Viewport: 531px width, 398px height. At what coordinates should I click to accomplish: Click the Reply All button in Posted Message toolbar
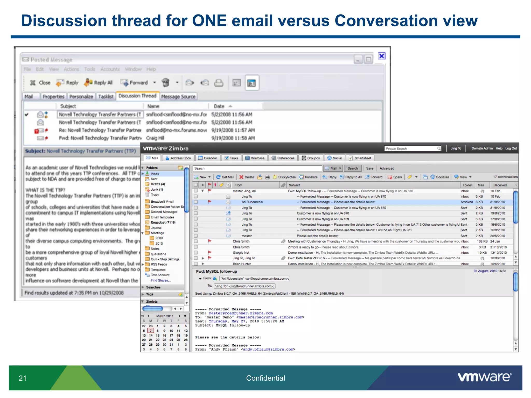point(99,83)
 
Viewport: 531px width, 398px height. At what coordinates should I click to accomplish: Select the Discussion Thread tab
point(137,96)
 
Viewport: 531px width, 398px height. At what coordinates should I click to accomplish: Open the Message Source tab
point(178,97)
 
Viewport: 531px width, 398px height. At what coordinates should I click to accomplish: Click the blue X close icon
point(382,56)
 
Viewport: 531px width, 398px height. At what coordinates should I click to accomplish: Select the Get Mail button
point(225,177)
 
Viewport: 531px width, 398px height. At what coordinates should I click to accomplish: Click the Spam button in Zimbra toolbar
point(395,177)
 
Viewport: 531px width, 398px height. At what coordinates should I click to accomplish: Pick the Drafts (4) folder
point(158,184)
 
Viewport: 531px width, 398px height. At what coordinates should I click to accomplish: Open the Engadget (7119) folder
point(163,222)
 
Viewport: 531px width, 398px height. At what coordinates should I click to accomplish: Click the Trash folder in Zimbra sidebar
point(155,195)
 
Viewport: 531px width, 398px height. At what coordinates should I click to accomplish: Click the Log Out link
point(511,148)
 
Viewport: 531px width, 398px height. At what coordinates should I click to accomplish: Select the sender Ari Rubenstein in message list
point(252,202)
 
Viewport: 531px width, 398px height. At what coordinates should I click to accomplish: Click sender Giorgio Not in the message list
point(241,253)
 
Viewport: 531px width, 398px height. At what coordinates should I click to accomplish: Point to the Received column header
point(500,185)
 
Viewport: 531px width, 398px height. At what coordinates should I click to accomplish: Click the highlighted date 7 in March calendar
point(151,331)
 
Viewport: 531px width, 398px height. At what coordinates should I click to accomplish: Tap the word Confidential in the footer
point(265,378)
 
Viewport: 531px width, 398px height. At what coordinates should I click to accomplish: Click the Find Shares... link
point(160,280)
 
